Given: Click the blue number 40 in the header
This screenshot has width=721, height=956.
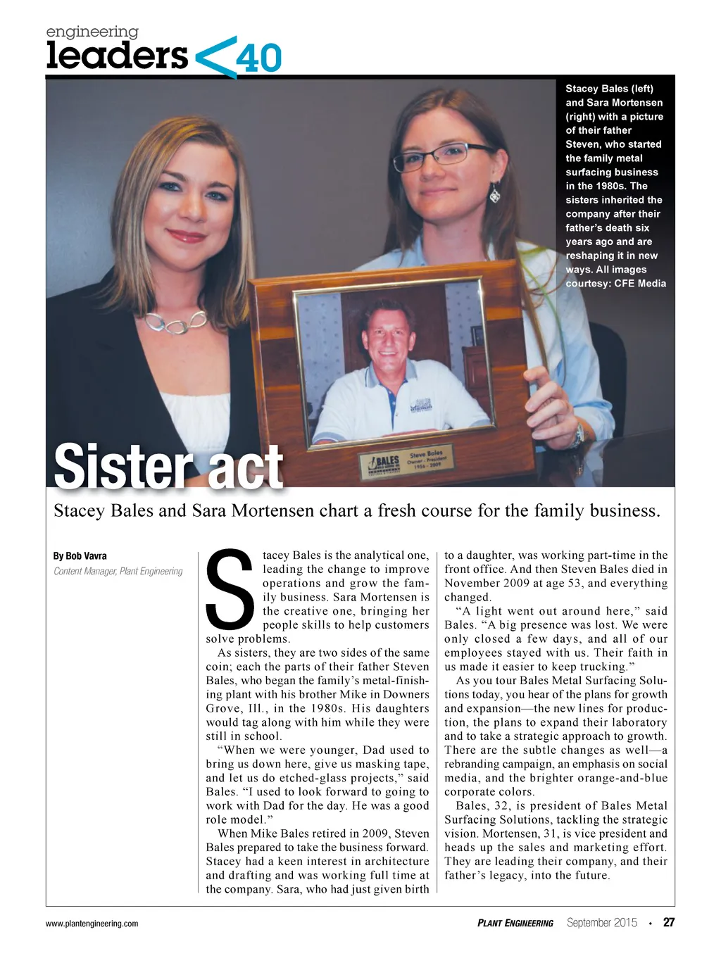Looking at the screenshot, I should (x=258, y=58).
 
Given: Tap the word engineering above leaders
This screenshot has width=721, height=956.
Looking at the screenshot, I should (x=92, y=32).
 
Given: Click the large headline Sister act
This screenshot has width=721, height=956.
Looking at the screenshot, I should (x=168, y=465).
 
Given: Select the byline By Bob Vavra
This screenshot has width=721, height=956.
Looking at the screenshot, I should (x=80, y=556).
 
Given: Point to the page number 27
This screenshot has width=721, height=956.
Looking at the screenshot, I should (x=669, y=922).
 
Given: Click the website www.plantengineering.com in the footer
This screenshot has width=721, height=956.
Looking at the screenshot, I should (x=92, y=924).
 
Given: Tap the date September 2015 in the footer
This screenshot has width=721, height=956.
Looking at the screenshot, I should (x=602, y=922).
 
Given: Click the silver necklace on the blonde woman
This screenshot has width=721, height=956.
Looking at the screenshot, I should (x=174, y=323).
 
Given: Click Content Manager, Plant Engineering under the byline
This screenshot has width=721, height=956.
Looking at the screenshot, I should (x=118, y=571).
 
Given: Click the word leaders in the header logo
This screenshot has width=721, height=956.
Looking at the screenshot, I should (x=117, y=56).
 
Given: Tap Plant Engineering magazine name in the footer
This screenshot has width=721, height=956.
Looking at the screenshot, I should (x=515, y=923).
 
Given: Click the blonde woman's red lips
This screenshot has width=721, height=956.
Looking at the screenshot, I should (x=187, y=236).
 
